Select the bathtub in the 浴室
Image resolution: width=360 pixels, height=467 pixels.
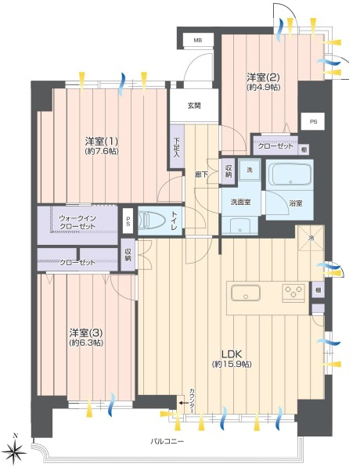290,175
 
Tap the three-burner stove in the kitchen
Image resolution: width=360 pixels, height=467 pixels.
294,293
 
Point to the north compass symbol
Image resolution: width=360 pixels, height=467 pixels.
16,448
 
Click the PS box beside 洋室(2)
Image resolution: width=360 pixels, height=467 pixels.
313,122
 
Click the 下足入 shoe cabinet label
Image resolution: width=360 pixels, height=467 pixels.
177,147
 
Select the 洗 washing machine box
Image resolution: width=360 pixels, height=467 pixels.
250,170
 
